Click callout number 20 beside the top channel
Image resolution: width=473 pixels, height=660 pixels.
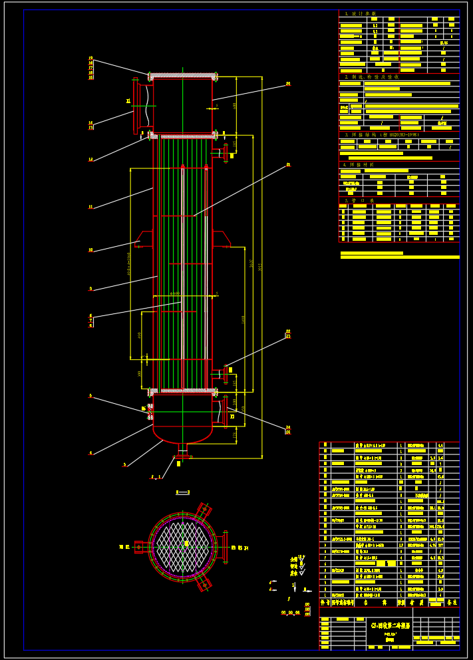click(x=288, y=84)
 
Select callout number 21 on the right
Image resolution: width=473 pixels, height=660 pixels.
click(x=288, y=164)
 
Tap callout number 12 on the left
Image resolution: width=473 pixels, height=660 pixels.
click(x=90, y=160)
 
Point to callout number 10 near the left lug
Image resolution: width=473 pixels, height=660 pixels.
click(x=90, y=251)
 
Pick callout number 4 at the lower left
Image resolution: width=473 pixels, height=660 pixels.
click(x=90, y=453)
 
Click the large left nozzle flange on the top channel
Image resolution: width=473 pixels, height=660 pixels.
click(x=136, y=104)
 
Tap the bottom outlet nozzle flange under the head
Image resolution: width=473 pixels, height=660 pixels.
click(x=181, y=456)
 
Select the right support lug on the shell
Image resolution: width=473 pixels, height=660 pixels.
click(x=222, y=238)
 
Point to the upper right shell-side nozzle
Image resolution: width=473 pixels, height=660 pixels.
click(x=223, y=153)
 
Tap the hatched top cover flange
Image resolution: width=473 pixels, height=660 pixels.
click(x=183, y=75)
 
